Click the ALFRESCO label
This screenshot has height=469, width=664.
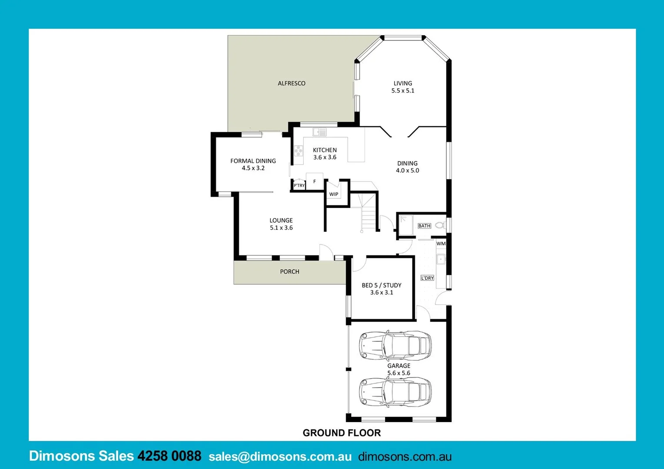click(x=292, y=83)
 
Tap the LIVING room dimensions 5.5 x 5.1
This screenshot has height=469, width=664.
click(x=403, y=91)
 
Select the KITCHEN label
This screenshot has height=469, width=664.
click(x=325, y=150)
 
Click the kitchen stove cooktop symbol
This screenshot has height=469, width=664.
click(x=298, y=151)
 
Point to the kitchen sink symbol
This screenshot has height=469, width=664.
click(x=320, y=132)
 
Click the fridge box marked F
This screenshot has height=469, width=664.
click(x=314, y=182)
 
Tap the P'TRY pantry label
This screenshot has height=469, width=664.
click(x=299, y=185)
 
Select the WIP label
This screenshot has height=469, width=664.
click(x=334, y=194)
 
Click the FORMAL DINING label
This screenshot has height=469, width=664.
click(x=253, y=161)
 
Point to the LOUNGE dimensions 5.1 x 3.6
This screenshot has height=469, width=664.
click(x=281, y=228)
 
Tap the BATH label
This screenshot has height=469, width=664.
click(x=424, y=226)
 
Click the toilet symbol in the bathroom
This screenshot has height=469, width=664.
click(x=439, y=225)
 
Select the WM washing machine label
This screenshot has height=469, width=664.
click(x=441, y=244)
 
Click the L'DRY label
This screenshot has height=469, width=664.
click(x=427, y=278)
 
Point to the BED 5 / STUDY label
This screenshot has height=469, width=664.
click(x=382, y=285)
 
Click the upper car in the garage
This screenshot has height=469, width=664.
click(x=395, y=345)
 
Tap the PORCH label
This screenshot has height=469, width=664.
click(x=289, y=272)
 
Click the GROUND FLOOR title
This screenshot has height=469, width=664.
click(x=342, y=433)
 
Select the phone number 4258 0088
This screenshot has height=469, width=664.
click(x=169, y=456)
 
